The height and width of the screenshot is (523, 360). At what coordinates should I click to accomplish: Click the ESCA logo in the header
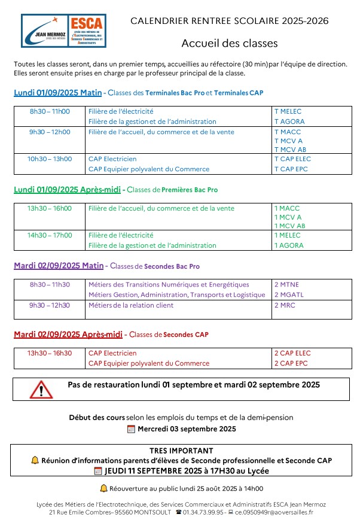[x=87, y=31]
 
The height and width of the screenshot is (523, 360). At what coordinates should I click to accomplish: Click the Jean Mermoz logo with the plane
[x=45, y=31]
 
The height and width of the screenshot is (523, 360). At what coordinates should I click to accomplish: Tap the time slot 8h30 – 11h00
[x=50, y=111]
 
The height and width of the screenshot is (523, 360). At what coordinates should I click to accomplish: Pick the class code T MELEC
[x=288, y=111]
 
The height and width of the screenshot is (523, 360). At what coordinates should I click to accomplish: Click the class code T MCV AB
[x=290, y=150]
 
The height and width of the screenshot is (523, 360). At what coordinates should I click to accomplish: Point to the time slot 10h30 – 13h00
[x=50, y=159]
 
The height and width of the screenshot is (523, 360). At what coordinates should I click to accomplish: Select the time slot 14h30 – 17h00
[x=50, y=235]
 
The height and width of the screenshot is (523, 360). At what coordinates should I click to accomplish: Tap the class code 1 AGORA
[x=289, y=245]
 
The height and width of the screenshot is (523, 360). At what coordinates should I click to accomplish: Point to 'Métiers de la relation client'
[x=131, y=305]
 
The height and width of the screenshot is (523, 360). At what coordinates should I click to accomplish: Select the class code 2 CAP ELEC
[x=292, y=353]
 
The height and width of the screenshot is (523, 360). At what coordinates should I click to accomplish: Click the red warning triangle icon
[x=41, y=389]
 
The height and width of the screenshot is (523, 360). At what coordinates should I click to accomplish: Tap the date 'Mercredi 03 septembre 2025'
[x=187, y=428]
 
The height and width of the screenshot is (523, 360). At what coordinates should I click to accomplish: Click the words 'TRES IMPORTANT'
[x=181, y=451]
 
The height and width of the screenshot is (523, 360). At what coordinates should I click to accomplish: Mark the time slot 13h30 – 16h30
[x=50, y=353]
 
